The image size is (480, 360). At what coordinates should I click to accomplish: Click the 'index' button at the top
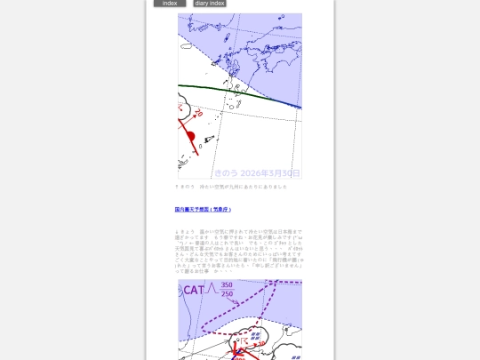(x=169, y=4)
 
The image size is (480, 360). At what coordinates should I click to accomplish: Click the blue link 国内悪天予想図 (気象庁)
(x=203, y=210)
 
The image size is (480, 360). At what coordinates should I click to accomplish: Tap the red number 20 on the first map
(x=198, y=114)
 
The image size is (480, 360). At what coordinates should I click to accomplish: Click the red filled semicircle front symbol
(x=190, y=135)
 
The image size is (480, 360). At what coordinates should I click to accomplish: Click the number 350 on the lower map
(x=227, y=285)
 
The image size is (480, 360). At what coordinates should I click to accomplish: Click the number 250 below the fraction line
(x=227, y=294)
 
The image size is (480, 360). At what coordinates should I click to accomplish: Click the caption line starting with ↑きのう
(x=231, y=187)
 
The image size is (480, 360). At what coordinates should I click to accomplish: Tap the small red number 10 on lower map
(x=261, y=342)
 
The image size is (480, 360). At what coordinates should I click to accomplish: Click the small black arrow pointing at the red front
(x=210, y=139)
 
